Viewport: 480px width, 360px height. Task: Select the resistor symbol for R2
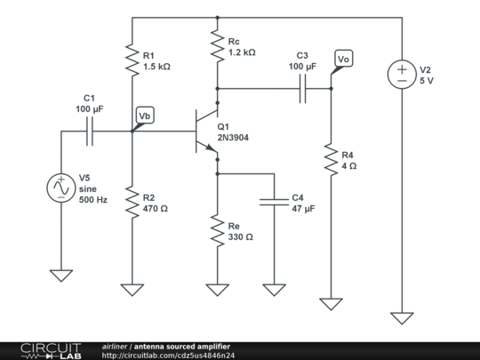132,204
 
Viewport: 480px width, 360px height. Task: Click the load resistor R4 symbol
331,161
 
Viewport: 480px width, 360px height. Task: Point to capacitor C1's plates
89,132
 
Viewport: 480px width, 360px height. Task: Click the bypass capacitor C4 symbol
274,203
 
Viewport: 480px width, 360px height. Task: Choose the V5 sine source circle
60,188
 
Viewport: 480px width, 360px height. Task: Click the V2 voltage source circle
402,75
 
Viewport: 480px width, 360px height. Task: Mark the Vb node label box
145,116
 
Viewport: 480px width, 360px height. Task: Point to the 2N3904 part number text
234,139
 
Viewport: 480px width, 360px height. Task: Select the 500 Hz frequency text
93,201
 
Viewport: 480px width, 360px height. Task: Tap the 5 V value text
428,81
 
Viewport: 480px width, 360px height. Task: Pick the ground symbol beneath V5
60,275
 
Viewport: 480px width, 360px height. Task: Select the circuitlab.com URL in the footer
169,356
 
